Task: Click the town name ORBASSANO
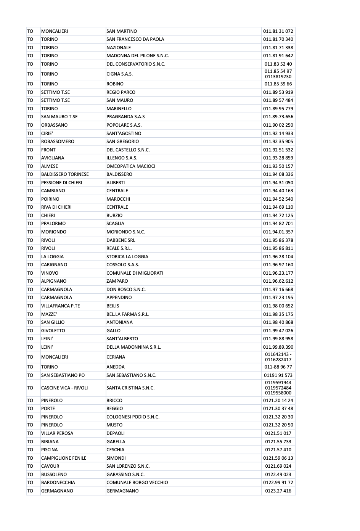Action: tap(54, 125)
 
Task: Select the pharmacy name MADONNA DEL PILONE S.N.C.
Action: tap(137, 56)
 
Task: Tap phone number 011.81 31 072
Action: tap(278, 31)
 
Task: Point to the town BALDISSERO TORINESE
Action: tap(65, 174)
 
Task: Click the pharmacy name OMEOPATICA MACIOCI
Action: tap(131, 166)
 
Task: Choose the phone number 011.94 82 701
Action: tap(278, 224)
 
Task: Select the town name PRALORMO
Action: tap(53, 224)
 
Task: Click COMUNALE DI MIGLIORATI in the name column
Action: tap(135, 273)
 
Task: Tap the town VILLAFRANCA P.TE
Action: tap(60, 306)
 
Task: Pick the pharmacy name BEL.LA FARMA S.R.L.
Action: tap(128, 314)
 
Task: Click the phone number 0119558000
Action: tap(278, 393)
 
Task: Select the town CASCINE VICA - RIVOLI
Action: tap(64, 388)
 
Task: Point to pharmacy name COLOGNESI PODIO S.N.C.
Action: tap(133, 417)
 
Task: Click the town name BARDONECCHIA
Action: tap(58, 483)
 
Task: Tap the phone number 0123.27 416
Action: tap(278, 491)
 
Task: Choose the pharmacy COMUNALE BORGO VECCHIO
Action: tap(137, 483)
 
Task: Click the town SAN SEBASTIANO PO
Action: tap(63, 375)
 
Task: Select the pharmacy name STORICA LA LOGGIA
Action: tap(127, 257)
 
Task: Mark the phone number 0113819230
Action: tap(278, 77)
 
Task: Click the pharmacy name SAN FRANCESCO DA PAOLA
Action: tap(135, 39)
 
